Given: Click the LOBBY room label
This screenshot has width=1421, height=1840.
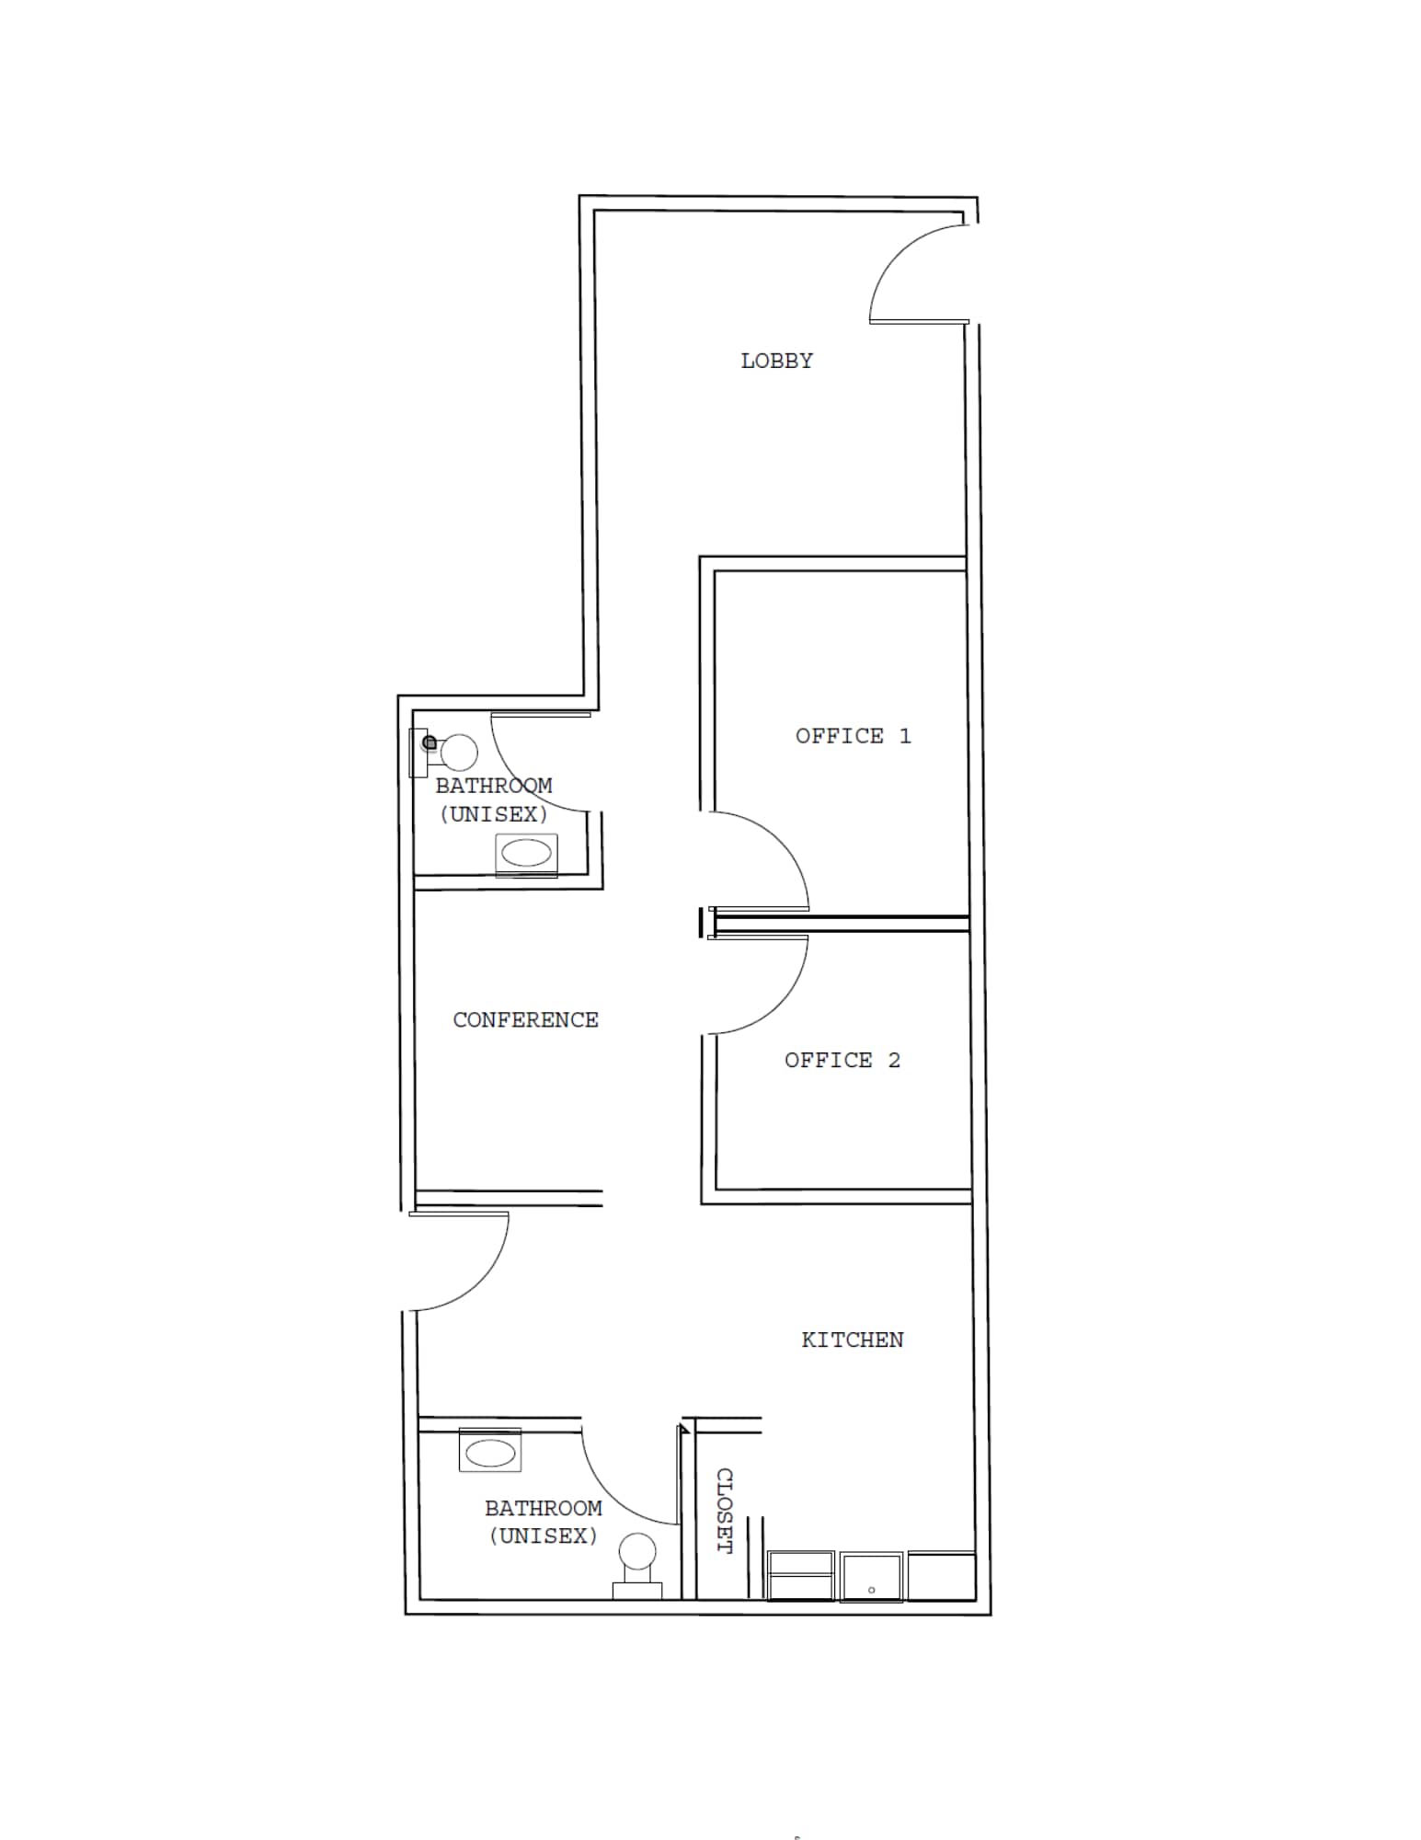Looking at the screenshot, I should pos(776,361).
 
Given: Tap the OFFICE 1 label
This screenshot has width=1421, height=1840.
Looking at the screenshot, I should pos(853,736).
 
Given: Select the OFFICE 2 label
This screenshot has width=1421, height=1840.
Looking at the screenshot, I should pos(842,1060).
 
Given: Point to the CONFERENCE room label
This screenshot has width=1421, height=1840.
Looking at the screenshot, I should pos(525,1019).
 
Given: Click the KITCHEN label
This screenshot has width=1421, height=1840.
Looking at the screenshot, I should pos(852,1340).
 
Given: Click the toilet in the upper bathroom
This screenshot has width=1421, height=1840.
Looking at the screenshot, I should pos(456,753).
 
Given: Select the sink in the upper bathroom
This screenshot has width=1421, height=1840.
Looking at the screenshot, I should pos(526,854).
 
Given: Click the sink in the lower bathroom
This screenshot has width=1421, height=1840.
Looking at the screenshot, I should pos(490,1453).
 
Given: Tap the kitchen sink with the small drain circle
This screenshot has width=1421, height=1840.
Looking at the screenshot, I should pos(871,1577).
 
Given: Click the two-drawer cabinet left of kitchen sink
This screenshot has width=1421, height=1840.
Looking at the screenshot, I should pos(800,1575).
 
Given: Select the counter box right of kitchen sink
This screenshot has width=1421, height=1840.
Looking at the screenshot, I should pos(941,1575).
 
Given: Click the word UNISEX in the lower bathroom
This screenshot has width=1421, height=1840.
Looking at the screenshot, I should pos(544,1535).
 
